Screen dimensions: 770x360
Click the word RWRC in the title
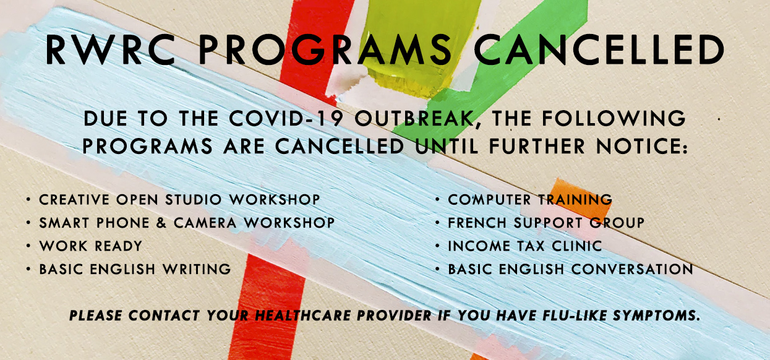(x=111, y=49)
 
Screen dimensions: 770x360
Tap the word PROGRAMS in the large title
(x=325, y=49)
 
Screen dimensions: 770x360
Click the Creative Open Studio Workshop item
(x=179, y=200)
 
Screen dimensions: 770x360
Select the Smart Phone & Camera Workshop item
(x=187, y=223)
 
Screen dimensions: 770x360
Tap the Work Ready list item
(x=91, y=246)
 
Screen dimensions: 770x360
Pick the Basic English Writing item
(x=135, y=269)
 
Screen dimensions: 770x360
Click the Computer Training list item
(x=530, y=200)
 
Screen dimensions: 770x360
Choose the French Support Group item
(x=546, y=223)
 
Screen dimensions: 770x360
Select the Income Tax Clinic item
(x=525, y=246)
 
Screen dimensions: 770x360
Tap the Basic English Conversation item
(x=571, y=269)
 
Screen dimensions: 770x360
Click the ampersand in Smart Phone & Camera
(x=161, y=223)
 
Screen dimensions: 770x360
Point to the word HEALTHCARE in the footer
(x=303, y=315)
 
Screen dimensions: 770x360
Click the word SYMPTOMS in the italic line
(x=656, y=315)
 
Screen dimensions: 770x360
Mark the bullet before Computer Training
(x=438, y=199)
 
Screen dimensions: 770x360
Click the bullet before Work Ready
(x=28, y=246)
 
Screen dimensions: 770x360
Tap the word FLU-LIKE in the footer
(x=575, y=315)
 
